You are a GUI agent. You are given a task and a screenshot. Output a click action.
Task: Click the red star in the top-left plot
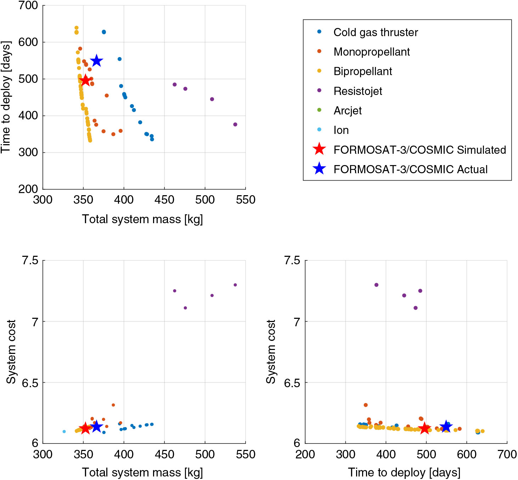pos(85,80)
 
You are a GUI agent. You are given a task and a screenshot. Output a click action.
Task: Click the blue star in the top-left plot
pos(96,61)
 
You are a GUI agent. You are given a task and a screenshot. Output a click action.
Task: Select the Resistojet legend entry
pos(358,91)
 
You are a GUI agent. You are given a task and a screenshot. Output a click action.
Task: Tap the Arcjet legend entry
pos(348,111)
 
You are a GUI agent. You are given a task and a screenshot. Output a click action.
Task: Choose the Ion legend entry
pos(341,130)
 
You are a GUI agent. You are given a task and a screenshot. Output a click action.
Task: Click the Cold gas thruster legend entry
pos(376,32)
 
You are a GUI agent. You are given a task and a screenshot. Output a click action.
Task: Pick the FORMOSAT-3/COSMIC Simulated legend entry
pos(420,149)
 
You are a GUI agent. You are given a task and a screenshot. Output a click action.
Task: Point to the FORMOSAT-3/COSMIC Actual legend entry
pos(410,169)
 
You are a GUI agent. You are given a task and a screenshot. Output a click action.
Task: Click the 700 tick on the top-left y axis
pos(28,6)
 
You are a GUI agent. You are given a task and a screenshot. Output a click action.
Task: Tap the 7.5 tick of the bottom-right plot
pos(292,261)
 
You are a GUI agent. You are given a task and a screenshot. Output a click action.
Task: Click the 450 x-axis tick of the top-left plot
pos(164,200)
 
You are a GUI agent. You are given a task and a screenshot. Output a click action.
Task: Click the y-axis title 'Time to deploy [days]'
pos(6,97)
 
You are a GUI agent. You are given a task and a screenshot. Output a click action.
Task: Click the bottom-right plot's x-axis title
pos(404,472)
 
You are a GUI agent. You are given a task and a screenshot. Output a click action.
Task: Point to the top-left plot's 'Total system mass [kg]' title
pos(142,219)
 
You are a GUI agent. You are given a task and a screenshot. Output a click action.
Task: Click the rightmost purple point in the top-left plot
pos(235,124)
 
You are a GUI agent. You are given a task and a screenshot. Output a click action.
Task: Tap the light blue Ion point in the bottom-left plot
pos(64,431)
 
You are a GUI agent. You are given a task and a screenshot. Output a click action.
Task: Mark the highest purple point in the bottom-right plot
pos(376,285)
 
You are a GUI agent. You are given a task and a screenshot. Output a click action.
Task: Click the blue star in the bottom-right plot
pos(446,427)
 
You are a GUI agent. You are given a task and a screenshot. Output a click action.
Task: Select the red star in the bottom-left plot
pos(85,428)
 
